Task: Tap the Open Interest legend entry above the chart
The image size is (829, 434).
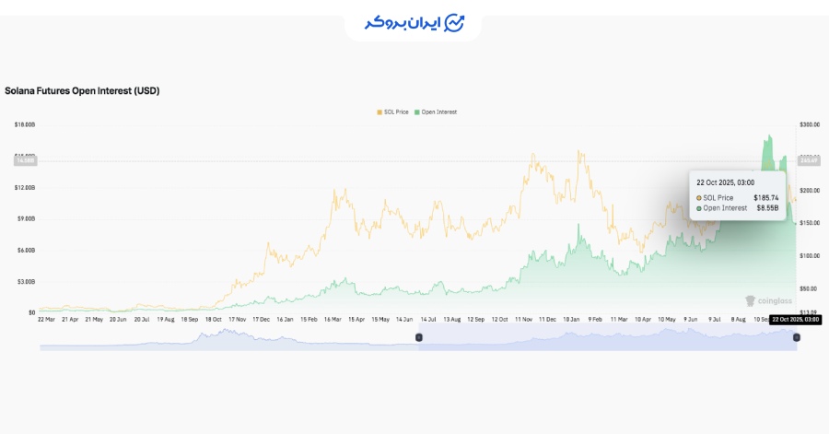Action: pyautogui.click(x=438, y=111)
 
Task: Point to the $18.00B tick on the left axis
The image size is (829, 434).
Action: pyautogui.click(x=25, y=124)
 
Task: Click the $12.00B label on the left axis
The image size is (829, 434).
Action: pyautogui.click(x=25, y=187)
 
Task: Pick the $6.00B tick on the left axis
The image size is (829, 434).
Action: pyautogui.click(x=25, y=250)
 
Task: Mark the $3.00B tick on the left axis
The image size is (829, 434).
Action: pyautogui.click(x=25, y=281)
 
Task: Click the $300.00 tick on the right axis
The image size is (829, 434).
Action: pyautogui.click(x=810, y=124)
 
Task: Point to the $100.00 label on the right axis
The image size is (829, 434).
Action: pyautogui.click(x=810, y=255)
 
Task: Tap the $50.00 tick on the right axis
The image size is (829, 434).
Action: pyautogui.click(x=808, y=287)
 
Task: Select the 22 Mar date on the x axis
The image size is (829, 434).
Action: pyautogui.click(x=45, y=319)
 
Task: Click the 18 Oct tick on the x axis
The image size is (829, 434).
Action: pyautogui.click(x=213, y=319)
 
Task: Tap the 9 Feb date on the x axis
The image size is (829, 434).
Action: pyautogui.click(x=598, y=319)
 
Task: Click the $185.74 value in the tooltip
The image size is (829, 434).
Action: pyautogui.click(x=766, y=197)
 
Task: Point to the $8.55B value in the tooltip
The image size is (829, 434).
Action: pyautogui.click(x=769, y=208)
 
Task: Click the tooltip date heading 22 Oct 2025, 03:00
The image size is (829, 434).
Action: pyautogui.click(x=726, y=182)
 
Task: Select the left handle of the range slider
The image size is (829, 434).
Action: pyautogui.click(x=419, y=337)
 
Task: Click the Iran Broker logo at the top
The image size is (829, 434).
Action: pyautogui.click(x=414, y=22)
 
